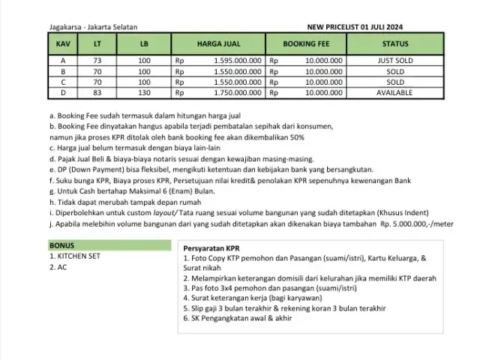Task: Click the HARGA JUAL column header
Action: click(x=217, y=44)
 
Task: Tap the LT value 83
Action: click(x=97, y=92)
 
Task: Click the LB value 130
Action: click(x=144, y=92)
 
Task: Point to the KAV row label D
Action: click(x=63, y=92)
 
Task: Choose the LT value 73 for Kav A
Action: click(x=97, y=60)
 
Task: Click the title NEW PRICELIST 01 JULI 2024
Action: click(x=356, y=27)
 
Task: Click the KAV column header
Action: click(x=63, y=44)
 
